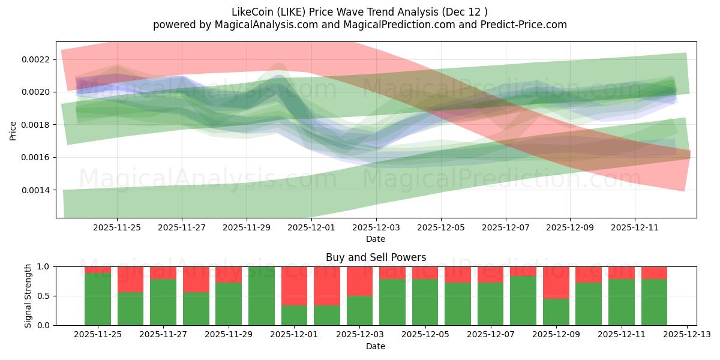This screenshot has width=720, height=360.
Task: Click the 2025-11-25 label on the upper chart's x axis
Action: pos(117,227)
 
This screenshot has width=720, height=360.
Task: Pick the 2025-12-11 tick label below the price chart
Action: pos(635,227)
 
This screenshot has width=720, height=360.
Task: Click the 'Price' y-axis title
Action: pos(13,130)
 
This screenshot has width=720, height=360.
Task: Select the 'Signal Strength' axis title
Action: pos(28,296)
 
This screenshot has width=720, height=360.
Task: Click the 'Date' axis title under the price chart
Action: pos(376,239)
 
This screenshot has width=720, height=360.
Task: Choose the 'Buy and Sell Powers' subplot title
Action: pos(376,257)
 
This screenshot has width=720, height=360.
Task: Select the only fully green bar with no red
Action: pos(261,296)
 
